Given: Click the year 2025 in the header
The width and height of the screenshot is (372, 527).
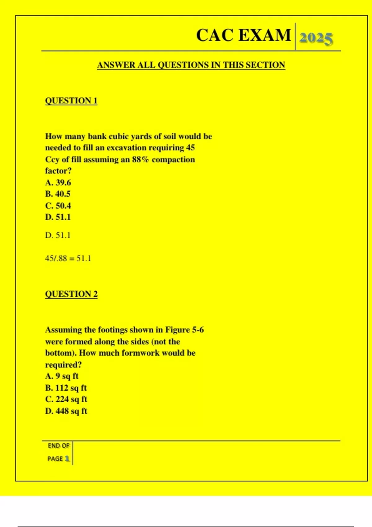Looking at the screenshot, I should (x=316, y=38).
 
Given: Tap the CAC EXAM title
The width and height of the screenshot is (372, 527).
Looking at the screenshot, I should (x=244, y=35).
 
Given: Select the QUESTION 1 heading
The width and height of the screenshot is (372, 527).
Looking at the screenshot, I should (x=71, y=101).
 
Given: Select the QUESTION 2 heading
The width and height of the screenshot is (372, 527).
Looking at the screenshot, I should (x=71, y=294).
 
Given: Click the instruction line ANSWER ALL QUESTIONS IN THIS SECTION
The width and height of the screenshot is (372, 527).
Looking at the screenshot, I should (x=191, y=65).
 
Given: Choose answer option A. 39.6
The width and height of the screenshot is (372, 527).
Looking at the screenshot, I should (x=58, y=183).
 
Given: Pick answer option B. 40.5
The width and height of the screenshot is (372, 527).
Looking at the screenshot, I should (x=58, y=194).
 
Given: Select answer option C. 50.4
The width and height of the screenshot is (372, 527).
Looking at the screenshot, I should (x=58, y=206).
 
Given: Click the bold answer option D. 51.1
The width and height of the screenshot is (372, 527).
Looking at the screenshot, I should (x=58, y=217).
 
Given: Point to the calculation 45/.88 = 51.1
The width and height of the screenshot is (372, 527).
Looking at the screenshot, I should (x=68, y=259).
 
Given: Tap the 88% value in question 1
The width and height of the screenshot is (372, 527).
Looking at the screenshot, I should (x=140, y=160).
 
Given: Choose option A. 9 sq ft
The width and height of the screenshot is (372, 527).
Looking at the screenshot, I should (x=62, y=376).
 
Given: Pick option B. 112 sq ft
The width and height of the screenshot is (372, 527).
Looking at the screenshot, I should (x=66, y=388).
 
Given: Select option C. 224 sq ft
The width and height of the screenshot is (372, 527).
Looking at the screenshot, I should (x=66, y=399).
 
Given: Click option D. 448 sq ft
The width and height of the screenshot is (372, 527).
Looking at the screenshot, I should (x=66, y=411).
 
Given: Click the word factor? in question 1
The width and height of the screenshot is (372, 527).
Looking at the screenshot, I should (x=58, y=171).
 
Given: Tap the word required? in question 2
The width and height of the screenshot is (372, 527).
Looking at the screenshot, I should (x=63, y=365).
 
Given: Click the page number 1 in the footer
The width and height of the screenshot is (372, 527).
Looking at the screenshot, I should (x=67, y=458).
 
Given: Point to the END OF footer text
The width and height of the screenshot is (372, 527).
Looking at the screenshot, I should (x=59, y=446).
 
